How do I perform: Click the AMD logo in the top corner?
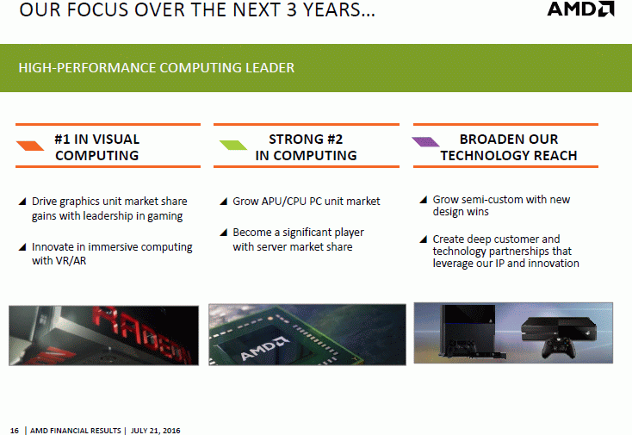coord(580,9)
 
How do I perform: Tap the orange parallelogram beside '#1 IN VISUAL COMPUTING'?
coord(30,146)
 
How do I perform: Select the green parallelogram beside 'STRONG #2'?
coord(233,145)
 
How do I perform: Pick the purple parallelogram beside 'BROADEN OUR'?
coord(425,141)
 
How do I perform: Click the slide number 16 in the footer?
coord(14,431)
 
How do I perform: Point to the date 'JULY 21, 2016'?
coord(156,431)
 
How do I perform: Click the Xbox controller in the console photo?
coord(558,347)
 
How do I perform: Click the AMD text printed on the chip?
coord(264,348)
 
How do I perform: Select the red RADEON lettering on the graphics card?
coord(142,334)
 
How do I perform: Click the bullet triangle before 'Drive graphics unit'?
coord(22,202)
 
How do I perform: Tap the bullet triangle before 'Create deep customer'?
coord(424,239)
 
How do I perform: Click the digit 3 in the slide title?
coord(291,9)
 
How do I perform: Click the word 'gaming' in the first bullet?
coord(164,216)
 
